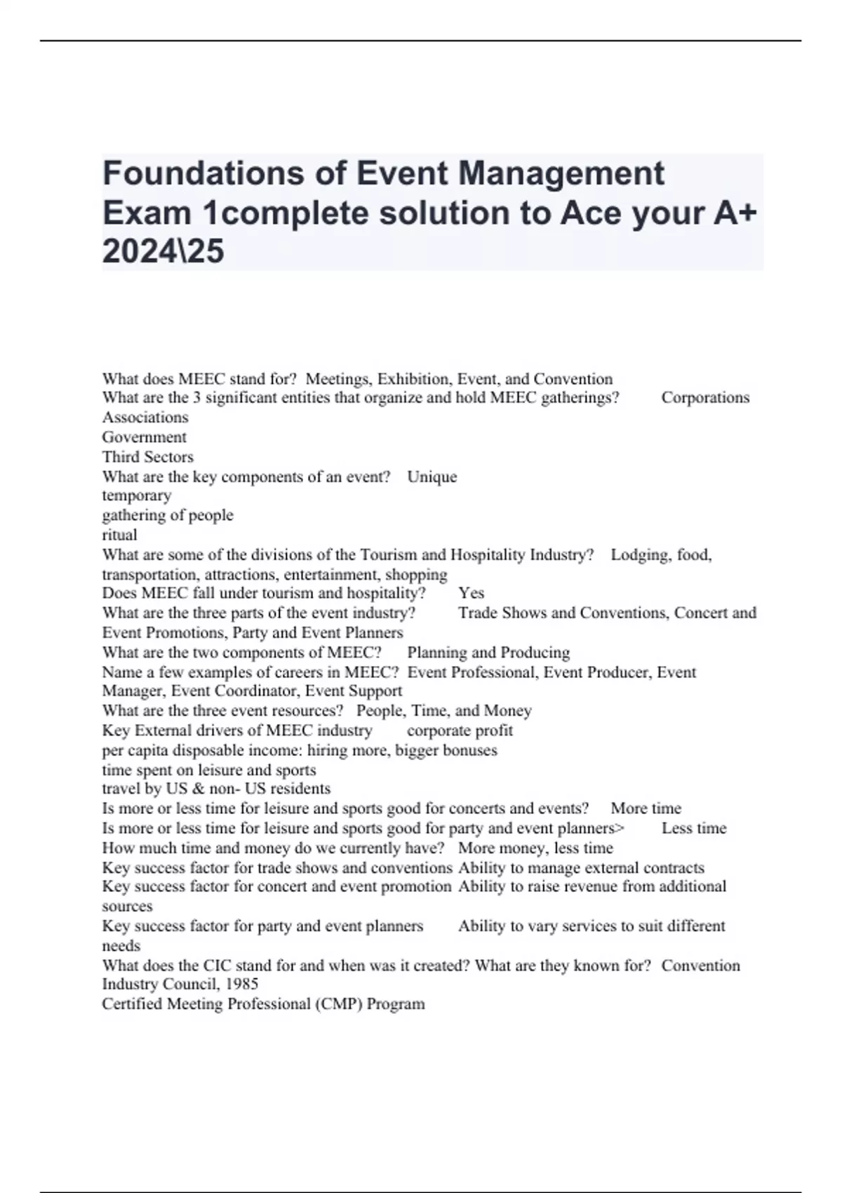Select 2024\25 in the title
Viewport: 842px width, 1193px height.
tap(163, 251)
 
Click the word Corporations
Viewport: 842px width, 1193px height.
tap(705, 398)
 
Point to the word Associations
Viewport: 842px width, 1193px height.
tap(145, 418)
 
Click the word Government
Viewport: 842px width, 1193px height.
tap(144, 437)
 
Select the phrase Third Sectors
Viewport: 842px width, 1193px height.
tap(147, 457)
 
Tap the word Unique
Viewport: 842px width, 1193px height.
tap(432, 477)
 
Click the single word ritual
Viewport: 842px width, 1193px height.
tap(119, 535)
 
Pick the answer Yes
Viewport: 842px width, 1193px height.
tap(471, 593)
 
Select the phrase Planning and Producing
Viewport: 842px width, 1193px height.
tap(488, 653)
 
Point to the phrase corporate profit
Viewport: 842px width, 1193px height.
tap(460, 731)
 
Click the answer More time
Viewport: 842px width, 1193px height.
tap(646, 808)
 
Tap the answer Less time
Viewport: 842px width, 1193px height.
tap(693, 828)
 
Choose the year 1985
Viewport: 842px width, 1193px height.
tap(241, 984)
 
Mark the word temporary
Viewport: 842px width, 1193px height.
tap(136, 495)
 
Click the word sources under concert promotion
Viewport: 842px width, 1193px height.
tap(127, 906)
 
